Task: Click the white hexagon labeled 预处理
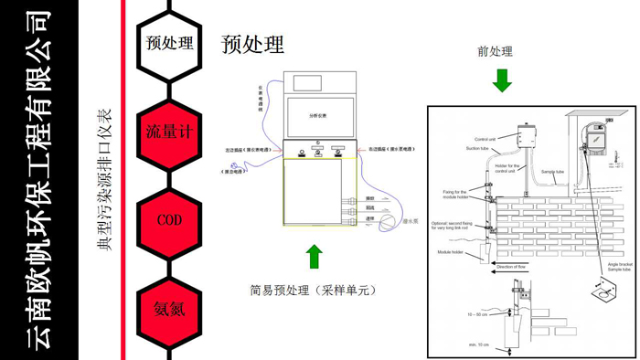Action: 169,43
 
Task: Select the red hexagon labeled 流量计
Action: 169,131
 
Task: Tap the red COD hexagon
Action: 169,220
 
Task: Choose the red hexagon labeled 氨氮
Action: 169,309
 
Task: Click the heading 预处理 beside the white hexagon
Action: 252,44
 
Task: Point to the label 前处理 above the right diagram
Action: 496,51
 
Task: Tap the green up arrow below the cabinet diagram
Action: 314,256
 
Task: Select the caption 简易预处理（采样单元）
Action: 313,291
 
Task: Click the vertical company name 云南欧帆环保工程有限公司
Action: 38,180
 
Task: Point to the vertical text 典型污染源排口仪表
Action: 105,180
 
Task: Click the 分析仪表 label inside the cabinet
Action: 317,117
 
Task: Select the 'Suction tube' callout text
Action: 477,148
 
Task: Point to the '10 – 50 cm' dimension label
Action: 476,313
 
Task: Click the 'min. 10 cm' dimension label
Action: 478,344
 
